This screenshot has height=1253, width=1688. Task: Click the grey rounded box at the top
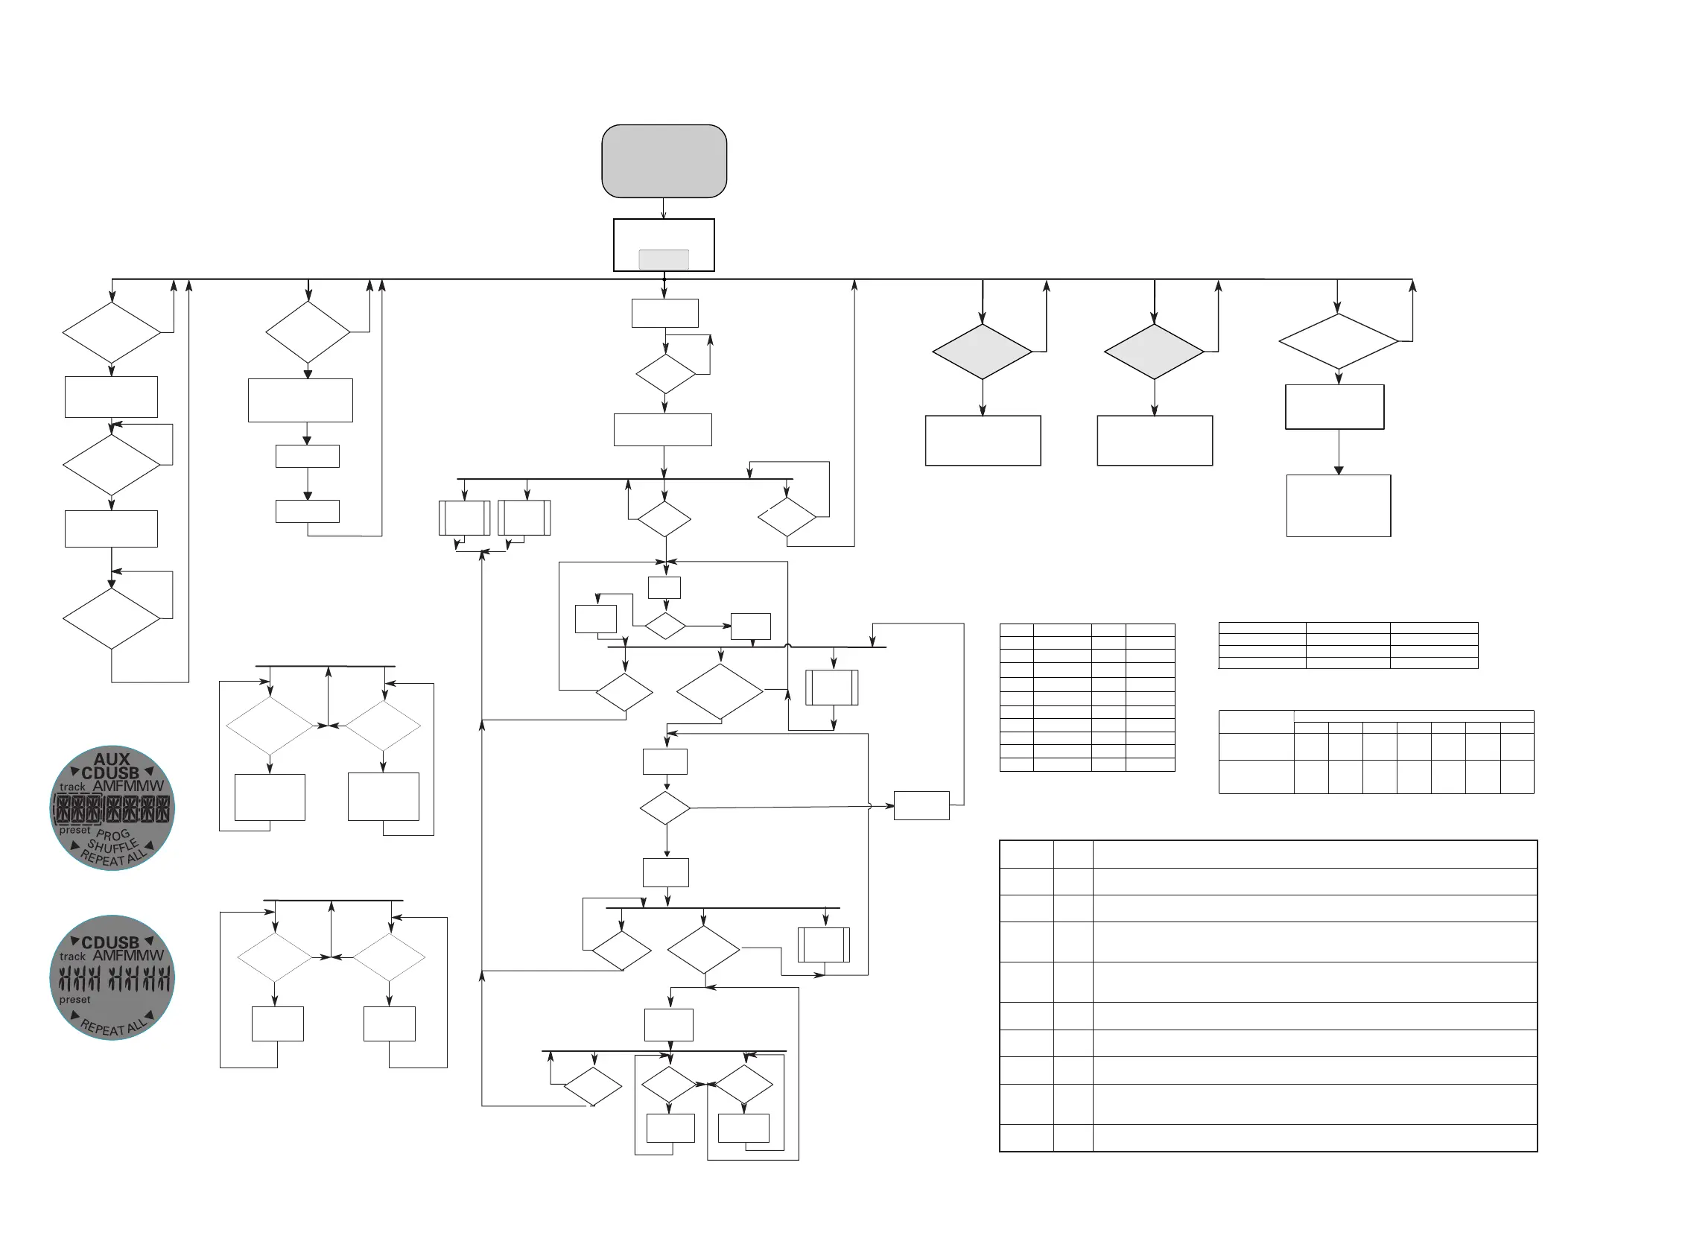click(x=664, y=161)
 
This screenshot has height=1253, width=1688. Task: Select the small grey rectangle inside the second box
click(x=664, y=259)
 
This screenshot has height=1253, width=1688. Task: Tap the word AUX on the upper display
click(x=112, y=758)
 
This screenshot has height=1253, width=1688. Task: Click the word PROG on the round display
click(x=113, y=835)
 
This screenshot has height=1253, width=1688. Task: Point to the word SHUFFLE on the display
click(x=113, y=846)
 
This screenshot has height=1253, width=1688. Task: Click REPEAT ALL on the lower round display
click(x=113, y=1027)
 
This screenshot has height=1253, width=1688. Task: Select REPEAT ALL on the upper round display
click(x=113, y=858)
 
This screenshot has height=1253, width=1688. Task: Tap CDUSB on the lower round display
click(x=111, y=943)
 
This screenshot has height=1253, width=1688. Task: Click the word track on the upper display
click(x=72, y=787)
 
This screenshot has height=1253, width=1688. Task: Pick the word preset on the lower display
click(x=74, y=1000)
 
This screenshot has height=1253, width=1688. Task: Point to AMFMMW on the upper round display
click(x=128, y=787)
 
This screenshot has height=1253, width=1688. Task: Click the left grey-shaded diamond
click(x=982, y=352)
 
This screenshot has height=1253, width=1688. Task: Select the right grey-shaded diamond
click(x=1153, y=352)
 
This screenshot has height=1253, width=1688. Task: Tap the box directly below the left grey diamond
click(x=983, y=441)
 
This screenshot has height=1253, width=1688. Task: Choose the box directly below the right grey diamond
click(x=1154, y=441)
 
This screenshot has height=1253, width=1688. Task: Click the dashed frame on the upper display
click(x=78, y=810)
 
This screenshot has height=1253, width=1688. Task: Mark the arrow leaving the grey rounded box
click(x=664, y=209)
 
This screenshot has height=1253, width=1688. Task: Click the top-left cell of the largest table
click(x=1026, y=854)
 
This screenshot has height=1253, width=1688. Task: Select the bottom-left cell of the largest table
click(x=1026, y=1138)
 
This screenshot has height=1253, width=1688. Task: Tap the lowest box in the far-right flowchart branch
click(x=1339, y=506)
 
